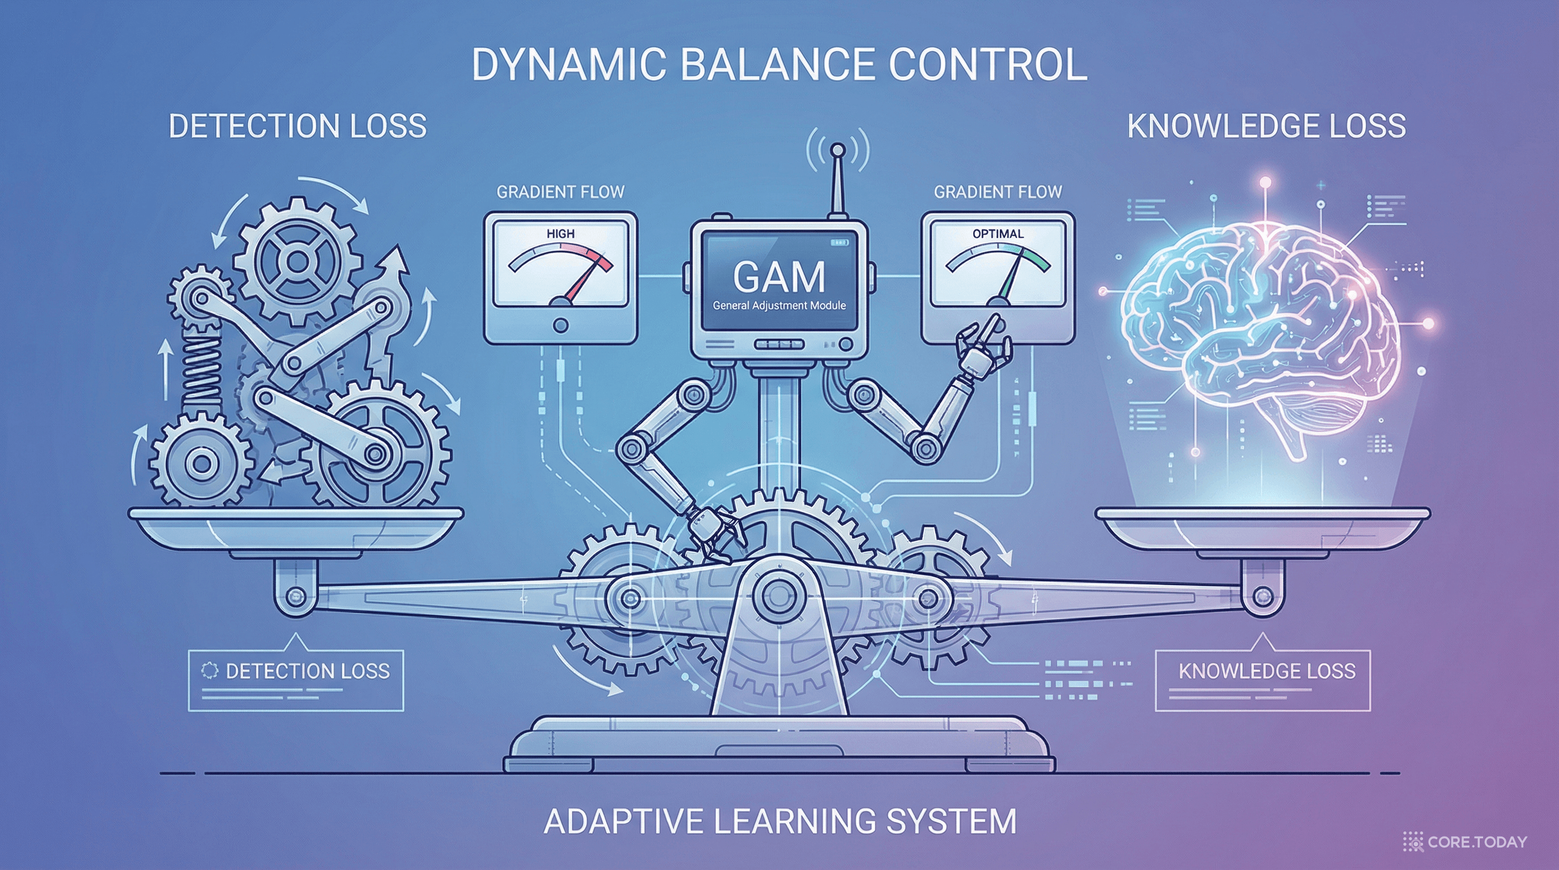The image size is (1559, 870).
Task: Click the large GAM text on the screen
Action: click(x=779, y=277)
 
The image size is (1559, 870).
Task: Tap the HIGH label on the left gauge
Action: click(x=560, y=233)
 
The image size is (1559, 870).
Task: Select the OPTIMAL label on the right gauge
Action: click(x=998, y=233)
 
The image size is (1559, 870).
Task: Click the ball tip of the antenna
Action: click(x=838, y=150)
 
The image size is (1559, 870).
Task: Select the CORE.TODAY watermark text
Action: click(x=1477, y=842)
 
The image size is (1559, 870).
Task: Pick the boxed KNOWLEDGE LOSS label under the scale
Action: click(x=1267, y=671)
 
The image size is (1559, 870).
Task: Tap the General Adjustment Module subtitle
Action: click(x=779, y=305)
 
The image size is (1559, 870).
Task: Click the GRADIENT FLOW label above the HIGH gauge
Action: click(x=560, y=193)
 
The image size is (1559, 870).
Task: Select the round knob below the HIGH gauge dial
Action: click(x=560, y=326)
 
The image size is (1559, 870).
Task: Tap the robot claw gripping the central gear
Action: click(x=714, y=532)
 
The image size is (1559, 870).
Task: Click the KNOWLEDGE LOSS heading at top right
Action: click(x=1266, y=126)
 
